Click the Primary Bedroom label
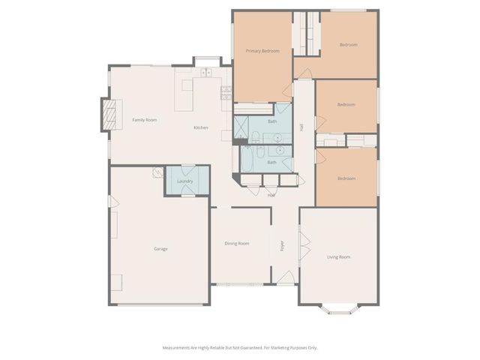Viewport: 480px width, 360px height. point(262,51)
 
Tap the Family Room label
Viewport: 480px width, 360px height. point(145,120)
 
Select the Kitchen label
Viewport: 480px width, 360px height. point(201,127)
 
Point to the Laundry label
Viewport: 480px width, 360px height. point(185,181)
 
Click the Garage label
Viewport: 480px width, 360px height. point(160,248)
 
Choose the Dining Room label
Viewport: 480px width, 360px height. point(237,243)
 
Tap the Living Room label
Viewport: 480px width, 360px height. point(339,257)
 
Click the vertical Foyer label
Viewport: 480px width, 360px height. point(283,245)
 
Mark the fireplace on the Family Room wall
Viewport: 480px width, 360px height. point(109,115)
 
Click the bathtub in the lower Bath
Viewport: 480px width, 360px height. point(249,160)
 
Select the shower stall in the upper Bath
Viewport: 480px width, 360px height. point(243,127)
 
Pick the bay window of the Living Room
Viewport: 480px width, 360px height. point(339,307)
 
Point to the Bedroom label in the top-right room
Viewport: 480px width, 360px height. point(348,45)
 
